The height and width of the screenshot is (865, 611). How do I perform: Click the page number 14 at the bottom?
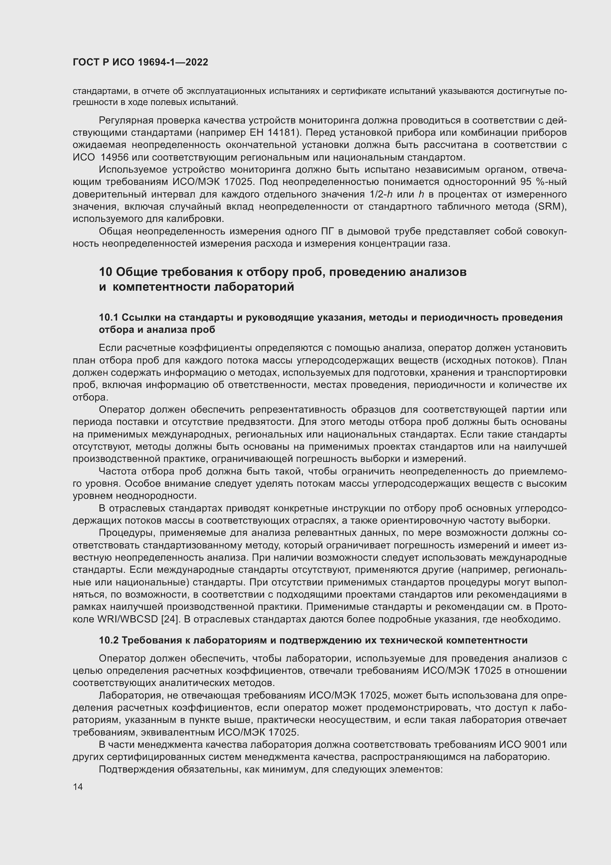pyautogui.click(x=78, y=787)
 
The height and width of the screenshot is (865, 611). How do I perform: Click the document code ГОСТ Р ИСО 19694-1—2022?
pyautogui.click(x=140, y=62)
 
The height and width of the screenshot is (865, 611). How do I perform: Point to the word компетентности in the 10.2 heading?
pyautogui.click(x=483, y=640)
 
